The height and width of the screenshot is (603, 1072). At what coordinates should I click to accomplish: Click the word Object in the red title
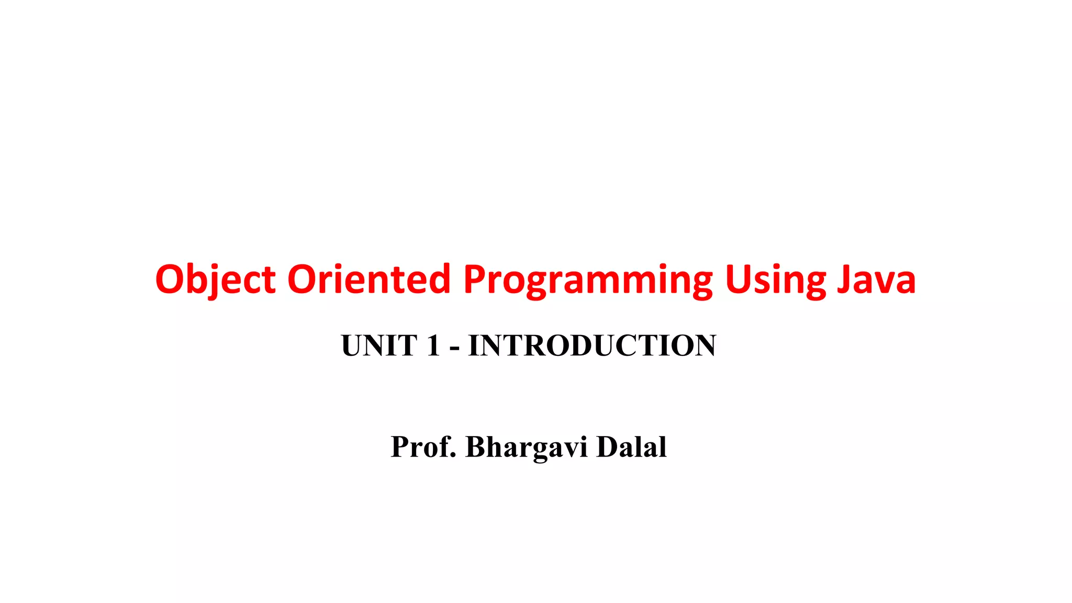(215, 280)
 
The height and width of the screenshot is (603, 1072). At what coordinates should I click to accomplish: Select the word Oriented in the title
(369, 280)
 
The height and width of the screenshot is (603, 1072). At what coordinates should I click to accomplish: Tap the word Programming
(588, 280)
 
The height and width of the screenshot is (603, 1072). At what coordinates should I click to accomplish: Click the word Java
(876, 280)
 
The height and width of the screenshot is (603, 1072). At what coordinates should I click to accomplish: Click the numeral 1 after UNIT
(433, 345)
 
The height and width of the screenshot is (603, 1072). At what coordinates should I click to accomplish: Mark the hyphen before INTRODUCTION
(454, 348)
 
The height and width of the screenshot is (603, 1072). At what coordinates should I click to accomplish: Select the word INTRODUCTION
(592, 345)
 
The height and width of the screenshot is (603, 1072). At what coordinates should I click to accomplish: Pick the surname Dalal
(631, 447)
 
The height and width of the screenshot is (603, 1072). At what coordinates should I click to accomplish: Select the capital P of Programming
(475, 280)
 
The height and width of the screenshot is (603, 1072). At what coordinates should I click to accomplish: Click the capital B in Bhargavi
(476, 447)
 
